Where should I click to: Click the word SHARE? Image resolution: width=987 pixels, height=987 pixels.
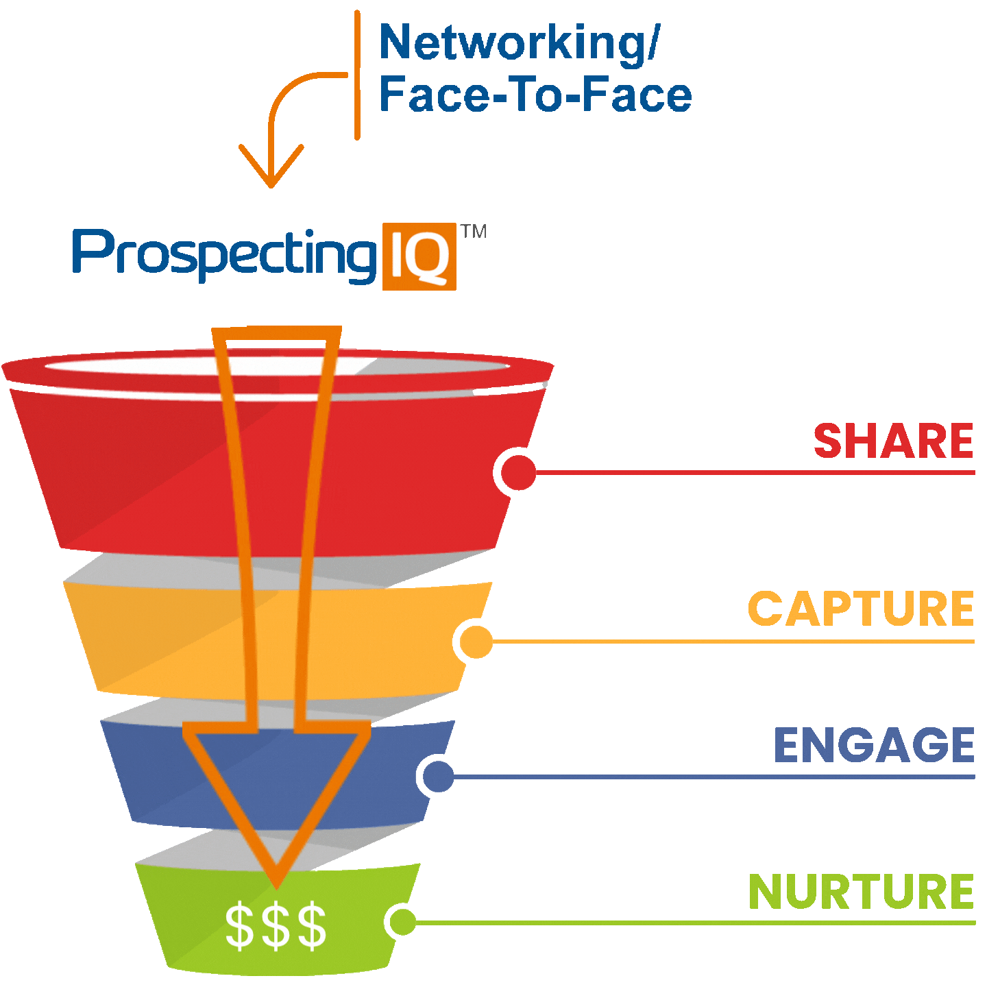point(893,441)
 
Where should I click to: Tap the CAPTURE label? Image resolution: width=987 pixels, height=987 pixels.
point(860,609)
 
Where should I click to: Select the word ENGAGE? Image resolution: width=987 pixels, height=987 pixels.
point(874,745)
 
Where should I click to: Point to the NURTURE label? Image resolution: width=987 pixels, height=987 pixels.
point(861,892)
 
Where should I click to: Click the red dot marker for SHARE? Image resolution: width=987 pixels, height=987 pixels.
point(518,472)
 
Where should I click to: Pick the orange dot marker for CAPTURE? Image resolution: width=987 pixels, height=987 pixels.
point(476,642)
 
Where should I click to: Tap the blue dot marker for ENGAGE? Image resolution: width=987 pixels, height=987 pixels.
point(438,777)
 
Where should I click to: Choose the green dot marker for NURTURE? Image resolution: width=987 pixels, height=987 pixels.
point(403,922)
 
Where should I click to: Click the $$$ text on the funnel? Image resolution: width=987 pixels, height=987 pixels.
point(276,927)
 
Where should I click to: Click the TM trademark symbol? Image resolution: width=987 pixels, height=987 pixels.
point(474,232)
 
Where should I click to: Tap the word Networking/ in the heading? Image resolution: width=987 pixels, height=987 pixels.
point(518,42)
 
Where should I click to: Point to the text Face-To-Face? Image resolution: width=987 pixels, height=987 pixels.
point(535,95)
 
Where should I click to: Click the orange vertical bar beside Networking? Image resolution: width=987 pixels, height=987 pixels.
point(357,75)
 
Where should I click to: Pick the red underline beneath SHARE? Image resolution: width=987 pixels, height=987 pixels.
point(754,472)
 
